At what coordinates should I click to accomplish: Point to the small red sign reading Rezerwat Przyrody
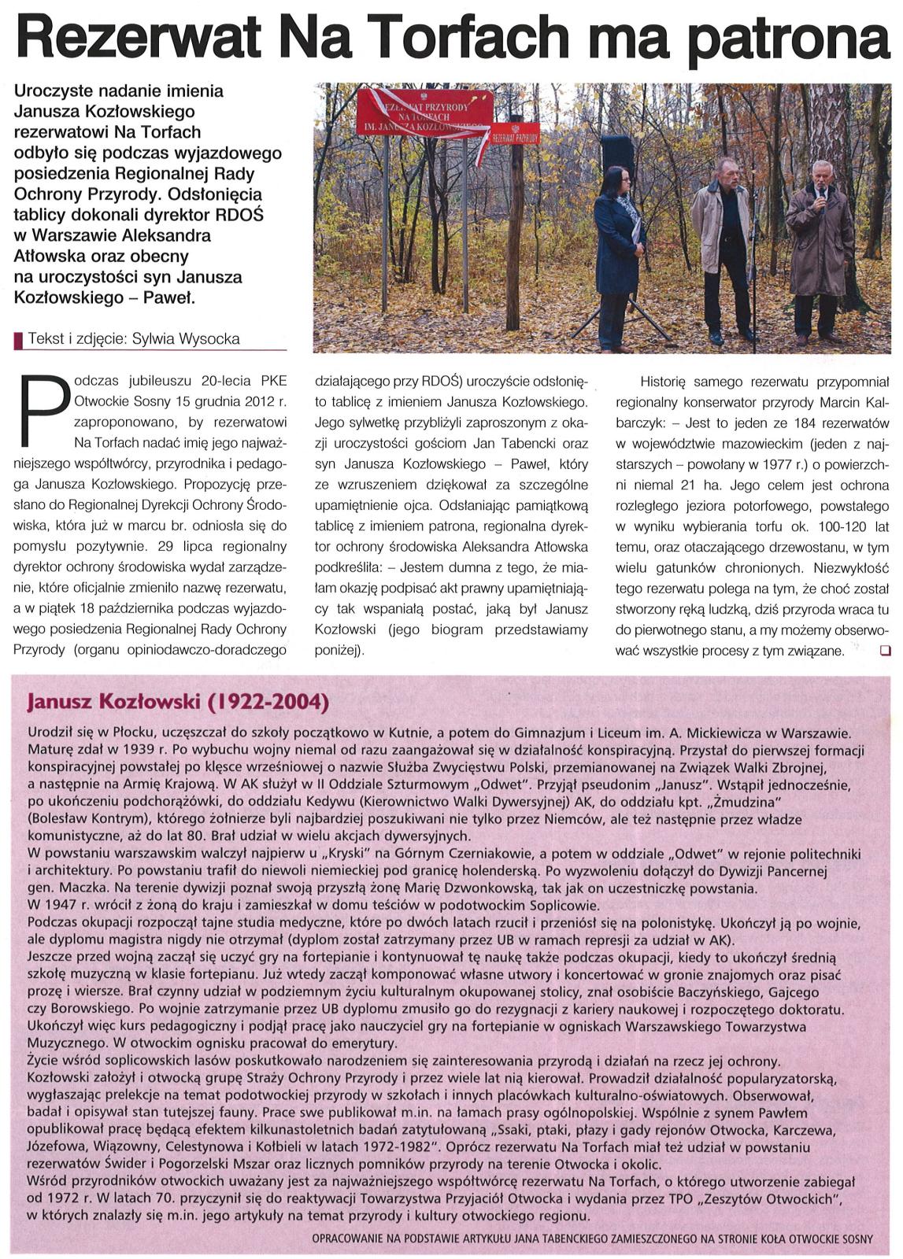[516, 135]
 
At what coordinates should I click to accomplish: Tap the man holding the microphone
[819, 252]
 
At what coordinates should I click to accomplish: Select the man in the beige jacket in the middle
[721, 244]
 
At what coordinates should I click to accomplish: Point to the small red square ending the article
[886, 650]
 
